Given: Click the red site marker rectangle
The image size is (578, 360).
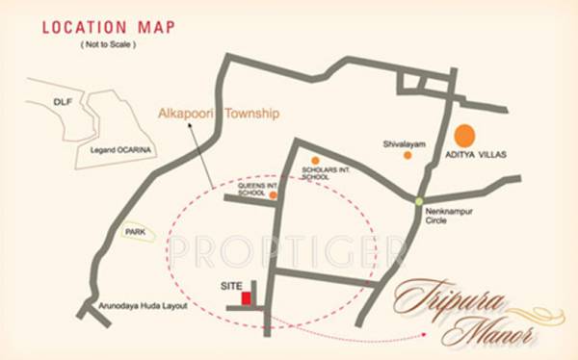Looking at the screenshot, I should point(246,298).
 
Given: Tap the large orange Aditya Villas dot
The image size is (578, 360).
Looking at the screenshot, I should point(465,136).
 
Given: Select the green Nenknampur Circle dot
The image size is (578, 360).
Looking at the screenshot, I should point(419,201).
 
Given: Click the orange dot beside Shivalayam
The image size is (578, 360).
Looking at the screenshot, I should point(407,154).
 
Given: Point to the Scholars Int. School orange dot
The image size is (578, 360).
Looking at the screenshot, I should point(314,161).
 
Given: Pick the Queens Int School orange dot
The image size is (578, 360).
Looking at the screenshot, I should point(274,194).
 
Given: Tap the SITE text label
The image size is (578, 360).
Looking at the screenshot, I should point(231,286).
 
